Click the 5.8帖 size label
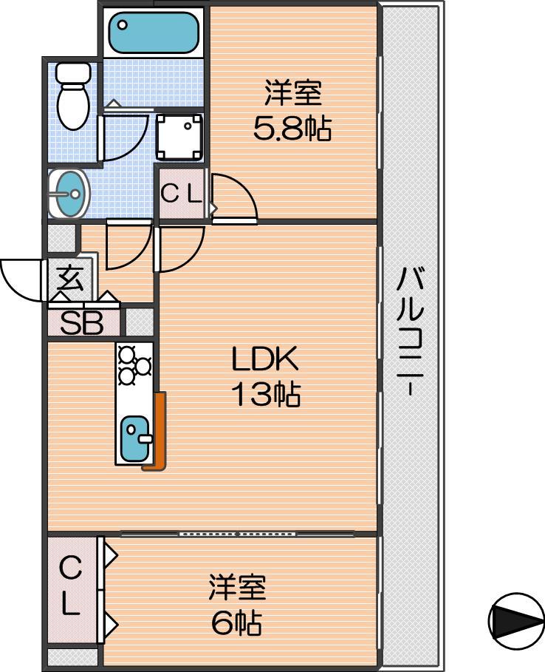tap(292, 130)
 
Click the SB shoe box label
tap(82, 325)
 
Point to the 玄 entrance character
tap(69, 279)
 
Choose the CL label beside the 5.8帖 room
tap(181, 194)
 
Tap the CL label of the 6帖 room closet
tap(70, 588)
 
